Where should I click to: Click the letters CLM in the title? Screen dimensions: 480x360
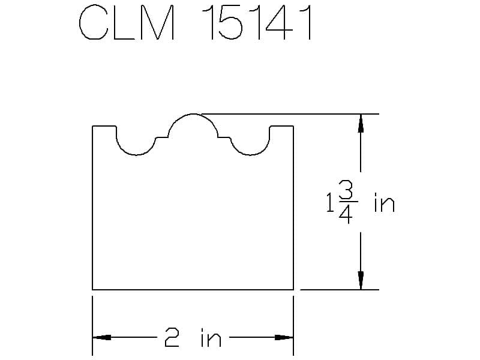[x=127, y=22]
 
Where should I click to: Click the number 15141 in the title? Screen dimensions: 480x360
[x=257, y=22]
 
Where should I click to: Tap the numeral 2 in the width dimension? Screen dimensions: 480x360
[x=172, y=337]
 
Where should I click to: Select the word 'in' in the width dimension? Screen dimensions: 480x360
[x=211, y=337]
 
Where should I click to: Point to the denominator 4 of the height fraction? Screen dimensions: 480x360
[x=346, y=214]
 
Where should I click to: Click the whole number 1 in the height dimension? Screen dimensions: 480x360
[x=330, y=202]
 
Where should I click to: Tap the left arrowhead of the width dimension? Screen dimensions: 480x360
[x=101, y=337]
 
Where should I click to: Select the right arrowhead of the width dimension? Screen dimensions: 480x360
[x=284, y=337]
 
